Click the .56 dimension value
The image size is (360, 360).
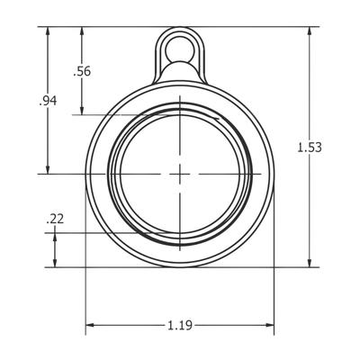pos(82,72)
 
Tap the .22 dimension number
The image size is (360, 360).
pos(55,219)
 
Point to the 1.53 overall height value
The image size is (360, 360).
pos(309,148)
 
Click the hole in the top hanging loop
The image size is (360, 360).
pos(180,44)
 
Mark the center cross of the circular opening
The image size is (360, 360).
pos(180,173)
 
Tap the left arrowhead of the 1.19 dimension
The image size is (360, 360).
pos(90,323)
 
